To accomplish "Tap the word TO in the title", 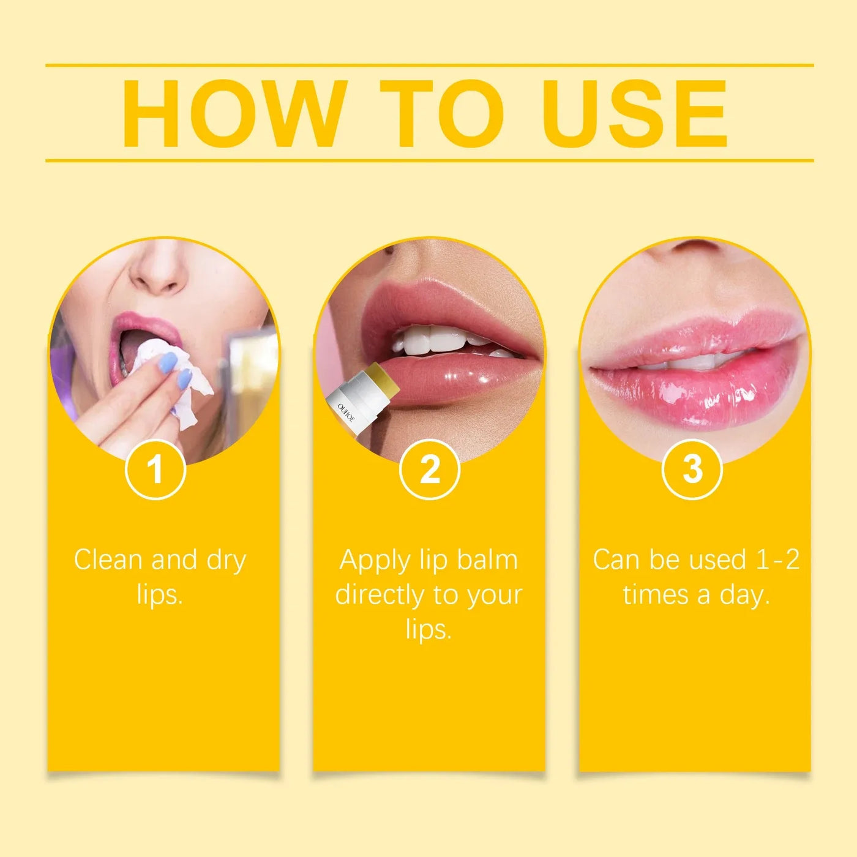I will point(442,114).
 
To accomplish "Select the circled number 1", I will point(155,470).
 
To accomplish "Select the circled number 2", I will point(430,470).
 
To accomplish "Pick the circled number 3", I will point(692,470).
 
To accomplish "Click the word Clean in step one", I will point(108,559).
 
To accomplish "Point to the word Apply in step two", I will point(375,561).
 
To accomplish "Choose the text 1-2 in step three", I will point(777,559).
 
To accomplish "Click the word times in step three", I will point(656,594).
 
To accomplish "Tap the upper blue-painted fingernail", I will point(167,364).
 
